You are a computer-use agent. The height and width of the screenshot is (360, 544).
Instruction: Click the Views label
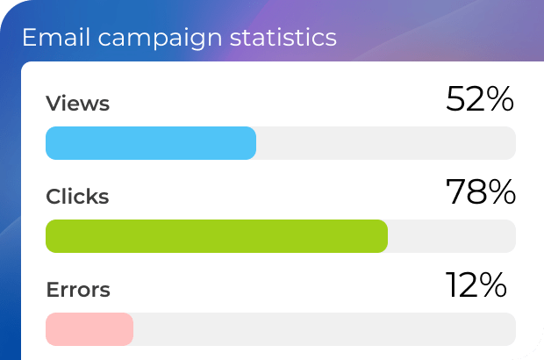point(77,104)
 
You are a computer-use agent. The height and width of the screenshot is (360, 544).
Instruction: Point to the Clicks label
point(77,197)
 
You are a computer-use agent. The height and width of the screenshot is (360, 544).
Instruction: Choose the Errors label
point(78,289)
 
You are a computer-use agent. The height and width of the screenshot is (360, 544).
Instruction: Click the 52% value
point(479,99)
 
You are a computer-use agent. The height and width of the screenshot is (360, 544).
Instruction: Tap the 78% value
point(480,192)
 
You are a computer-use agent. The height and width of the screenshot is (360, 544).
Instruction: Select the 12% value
point(476,284)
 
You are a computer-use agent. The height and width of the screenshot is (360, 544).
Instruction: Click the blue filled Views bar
point(150,143)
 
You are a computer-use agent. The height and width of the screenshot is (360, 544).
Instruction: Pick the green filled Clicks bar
point(216,236)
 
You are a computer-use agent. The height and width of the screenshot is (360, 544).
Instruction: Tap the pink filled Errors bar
point(89,328)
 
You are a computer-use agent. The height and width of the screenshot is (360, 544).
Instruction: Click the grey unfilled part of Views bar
point(386,143)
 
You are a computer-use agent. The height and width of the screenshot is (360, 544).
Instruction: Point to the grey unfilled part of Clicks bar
point(451,236)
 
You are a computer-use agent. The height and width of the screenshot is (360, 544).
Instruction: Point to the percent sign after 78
point(501,192)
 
